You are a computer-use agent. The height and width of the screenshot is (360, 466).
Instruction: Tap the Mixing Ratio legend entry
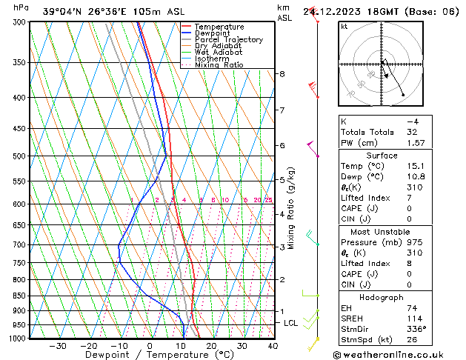pyautogui.click(x=219, y=65)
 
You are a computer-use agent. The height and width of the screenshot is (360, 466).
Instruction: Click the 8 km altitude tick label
pyautogui.click(x=282, y=74)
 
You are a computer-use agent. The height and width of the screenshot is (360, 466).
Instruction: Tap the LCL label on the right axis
pyautogui.click(x=291, y=324)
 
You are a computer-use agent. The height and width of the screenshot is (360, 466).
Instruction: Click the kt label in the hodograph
pyautogui.click(x=344, y=27)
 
